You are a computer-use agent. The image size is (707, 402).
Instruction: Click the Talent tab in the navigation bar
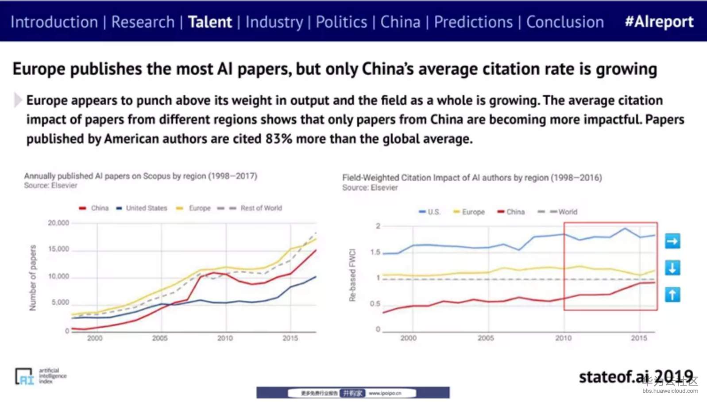(210, 22)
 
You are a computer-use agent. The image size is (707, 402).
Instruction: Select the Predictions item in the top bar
(473, 22)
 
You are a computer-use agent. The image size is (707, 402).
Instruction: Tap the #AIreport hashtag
(659, 21)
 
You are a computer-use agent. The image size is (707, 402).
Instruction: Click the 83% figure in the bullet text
(279, 139)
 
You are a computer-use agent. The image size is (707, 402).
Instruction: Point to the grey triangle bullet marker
(18, 100)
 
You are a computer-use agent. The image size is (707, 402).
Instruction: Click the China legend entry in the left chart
(94, 208)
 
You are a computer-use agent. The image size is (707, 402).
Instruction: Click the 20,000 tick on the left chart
(58, 223)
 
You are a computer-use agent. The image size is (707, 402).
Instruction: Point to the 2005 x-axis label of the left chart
(160, 338)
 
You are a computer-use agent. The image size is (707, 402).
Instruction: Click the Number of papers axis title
(33, 278)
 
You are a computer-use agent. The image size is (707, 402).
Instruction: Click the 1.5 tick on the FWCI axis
(375, 252)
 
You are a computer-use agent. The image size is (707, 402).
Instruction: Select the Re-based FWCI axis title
(352, 275)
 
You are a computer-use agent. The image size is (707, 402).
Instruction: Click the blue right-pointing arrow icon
(672, 241)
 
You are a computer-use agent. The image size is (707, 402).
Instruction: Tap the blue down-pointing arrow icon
(672, 268)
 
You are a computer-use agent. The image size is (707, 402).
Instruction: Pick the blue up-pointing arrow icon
(672, 295)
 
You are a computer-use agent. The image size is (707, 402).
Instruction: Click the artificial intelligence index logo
(41, 376)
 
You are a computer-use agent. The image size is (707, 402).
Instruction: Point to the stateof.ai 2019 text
(636, 376)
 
